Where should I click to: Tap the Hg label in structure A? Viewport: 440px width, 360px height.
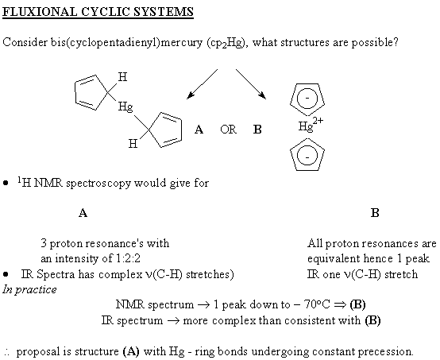point(125,107)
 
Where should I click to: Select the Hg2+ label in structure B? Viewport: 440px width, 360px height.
point(311,125)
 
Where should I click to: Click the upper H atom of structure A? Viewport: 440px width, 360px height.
point(122,76)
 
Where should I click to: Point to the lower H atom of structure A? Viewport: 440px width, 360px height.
point(133,144)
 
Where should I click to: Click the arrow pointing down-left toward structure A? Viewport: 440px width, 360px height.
point(202,84)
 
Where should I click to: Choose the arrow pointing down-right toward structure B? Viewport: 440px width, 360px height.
point(251,84)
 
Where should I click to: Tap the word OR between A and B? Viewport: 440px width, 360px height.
point(228,130)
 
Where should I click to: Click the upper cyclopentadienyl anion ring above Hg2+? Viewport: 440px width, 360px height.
point(307,83)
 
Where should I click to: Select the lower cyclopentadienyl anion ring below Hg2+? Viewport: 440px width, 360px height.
point(307,138)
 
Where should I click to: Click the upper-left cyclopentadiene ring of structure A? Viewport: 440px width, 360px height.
point(75,93)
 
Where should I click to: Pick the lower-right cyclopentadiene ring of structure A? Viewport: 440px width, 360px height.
point(181,130)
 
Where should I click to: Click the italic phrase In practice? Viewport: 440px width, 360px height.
point(29,289)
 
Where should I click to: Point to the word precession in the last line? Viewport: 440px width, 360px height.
point(385,351)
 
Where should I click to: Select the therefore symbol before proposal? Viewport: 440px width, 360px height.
point(7,352)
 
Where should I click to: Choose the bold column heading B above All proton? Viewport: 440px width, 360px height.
point(375,213)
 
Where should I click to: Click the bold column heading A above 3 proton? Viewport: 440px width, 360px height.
point(83,213)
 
